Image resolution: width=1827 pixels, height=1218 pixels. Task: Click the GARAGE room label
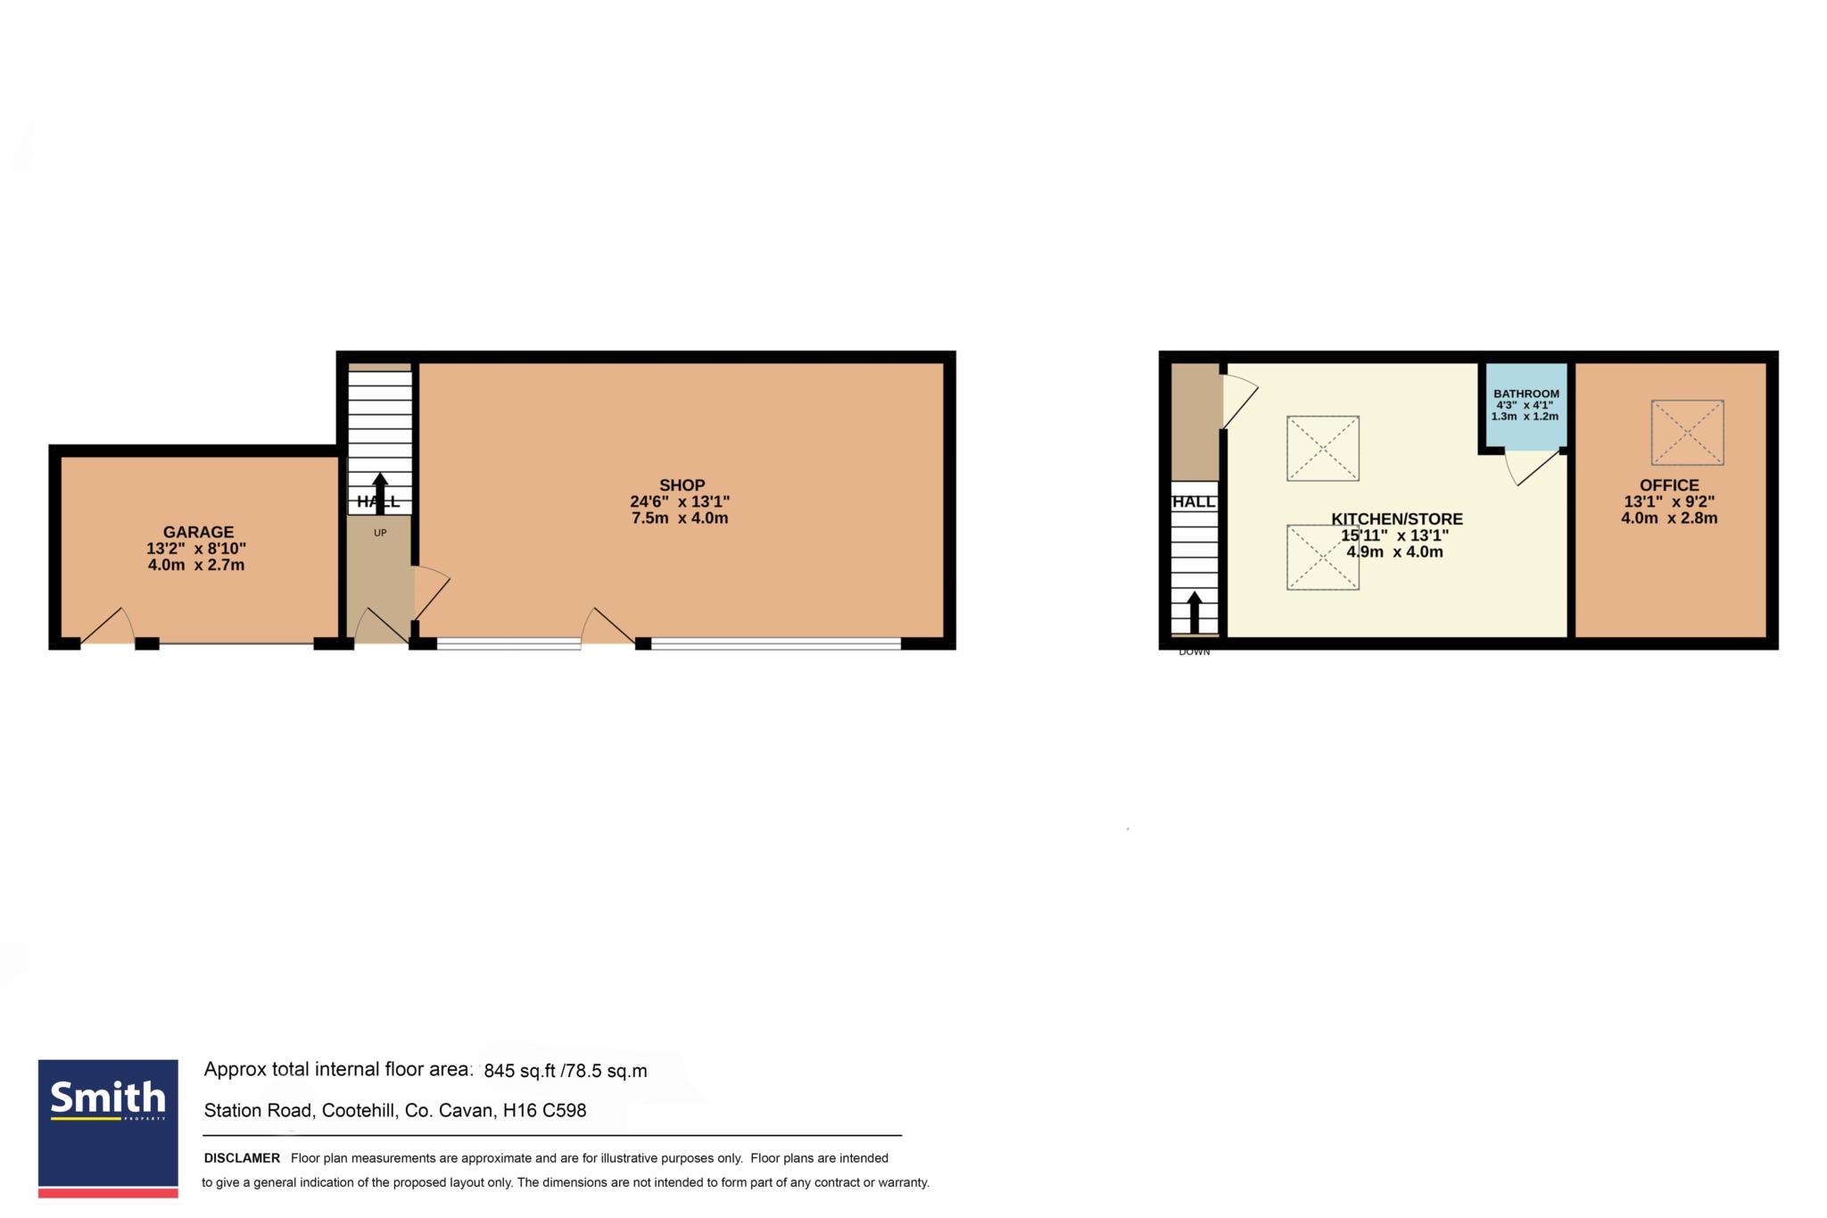[x=198, y=532]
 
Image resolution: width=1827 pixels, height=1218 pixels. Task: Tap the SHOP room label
[x=682, y=485]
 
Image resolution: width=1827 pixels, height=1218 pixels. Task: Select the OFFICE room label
[x=1669, y=485]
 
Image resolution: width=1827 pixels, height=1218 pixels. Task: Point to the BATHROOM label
[x=1526, y=394]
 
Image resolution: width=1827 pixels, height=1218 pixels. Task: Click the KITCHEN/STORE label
[x=1397, y=519]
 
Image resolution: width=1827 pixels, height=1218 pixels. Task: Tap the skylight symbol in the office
[x=1687, y=433]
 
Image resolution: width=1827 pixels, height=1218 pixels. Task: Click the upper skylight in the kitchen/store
[x=1323, y=448]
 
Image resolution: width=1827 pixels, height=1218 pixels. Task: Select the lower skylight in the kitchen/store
[x=1323, y=557]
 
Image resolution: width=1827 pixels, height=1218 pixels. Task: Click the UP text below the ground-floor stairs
[x=380, y=533]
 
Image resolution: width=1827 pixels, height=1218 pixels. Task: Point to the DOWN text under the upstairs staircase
[x=1195, y=652]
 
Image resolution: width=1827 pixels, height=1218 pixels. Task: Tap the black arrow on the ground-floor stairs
[x=380, y=493]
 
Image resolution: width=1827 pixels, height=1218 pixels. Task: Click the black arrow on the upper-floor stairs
[x=1195, y=612]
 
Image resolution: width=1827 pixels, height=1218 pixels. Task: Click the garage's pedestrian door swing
[x=108, y=626]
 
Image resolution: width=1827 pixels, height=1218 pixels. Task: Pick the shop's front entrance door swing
[x=608, y=626]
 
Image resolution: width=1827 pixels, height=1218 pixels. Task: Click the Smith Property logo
[x=108, y=1129]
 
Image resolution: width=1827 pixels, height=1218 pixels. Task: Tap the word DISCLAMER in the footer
[x=242, y=1158]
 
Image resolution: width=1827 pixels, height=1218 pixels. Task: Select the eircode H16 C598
[x=545, y=1111]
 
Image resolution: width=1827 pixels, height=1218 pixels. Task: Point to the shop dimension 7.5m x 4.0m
[x=680, y=518]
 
